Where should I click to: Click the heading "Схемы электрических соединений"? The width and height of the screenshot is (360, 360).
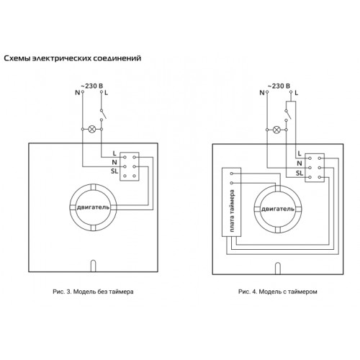[73, 58]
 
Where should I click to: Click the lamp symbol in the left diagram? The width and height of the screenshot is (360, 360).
[92, 129]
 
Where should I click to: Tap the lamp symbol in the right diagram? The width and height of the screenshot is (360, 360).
[276, 130]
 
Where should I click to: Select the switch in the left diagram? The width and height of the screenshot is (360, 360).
[103, 114]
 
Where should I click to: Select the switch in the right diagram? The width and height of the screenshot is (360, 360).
[287, 115]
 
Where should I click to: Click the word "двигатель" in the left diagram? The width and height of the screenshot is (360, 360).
[93, 207]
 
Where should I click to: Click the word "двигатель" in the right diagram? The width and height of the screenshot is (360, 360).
[278, 209]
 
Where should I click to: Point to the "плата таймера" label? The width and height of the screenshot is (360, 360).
[232, 211]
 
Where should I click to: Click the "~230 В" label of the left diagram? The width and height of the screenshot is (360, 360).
[91, 86]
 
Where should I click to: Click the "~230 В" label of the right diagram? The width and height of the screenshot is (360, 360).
[279, 86]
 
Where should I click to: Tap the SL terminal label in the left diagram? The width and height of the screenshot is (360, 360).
[114, 171]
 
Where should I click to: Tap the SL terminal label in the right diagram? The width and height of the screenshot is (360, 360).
[300, 173]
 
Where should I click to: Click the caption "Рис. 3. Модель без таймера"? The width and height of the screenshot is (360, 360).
[93, 292]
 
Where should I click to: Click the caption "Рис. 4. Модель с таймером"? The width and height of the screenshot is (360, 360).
[278, 292]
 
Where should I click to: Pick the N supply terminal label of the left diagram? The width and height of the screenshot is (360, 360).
[77, 93]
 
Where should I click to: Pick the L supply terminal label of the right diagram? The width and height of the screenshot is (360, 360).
[297, 93]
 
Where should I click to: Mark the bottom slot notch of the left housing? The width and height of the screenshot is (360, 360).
[93, 266]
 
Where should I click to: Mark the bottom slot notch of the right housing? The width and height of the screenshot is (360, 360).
[278, 269]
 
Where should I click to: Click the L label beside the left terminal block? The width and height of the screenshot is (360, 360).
[114, 153]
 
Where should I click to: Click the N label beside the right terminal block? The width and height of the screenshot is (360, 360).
[300, 163]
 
